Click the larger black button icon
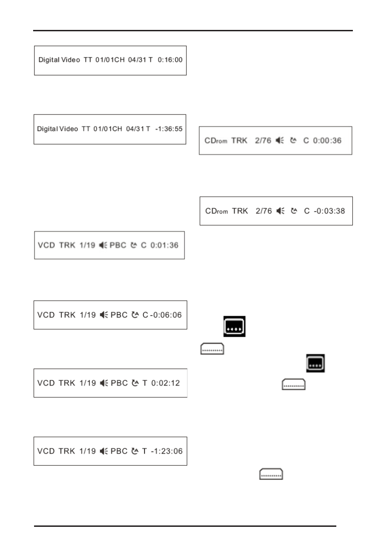click(235, 326)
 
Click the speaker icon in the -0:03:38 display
click(279, 211)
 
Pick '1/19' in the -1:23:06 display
click(87, 451)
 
